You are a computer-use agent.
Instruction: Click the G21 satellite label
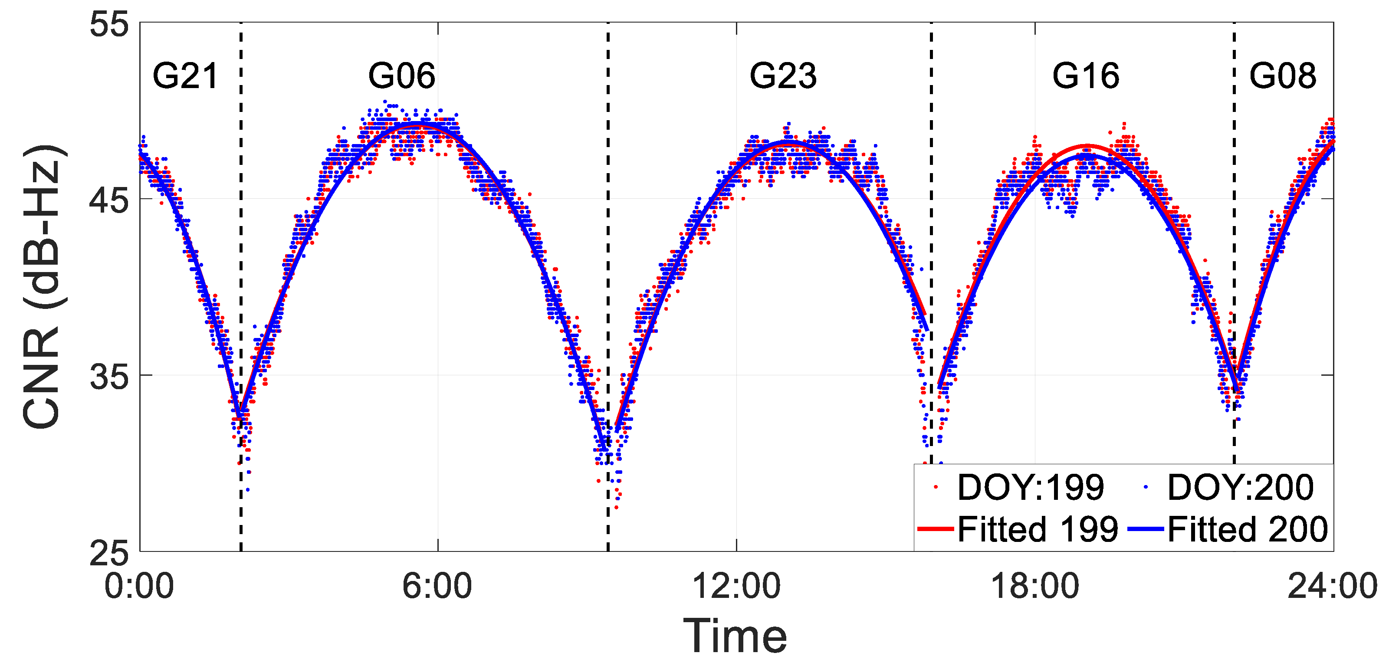[185, 76]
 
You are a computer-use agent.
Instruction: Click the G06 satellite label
[402, 76]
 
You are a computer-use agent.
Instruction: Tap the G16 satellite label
[1085, 76]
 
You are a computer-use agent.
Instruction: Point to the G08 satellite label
[1283, 76]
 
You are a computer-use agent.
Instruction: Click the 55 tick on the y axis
[109, 25]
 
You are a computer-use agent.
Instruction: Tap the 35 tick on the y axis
[109, 377]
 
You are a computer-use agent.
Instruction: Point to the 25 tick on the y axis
[109, 553]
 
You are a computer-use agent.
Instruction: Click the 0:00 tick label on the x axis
[139, 587]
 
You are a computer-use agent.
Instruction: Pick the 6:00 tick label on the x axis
[437, 587]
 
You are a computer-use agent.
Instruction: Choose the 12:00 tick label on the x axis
[736, 587]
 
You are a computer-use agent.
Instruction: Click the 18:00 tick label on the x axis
[1035, 587]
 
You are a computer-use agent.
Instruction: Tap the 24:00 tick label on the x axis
[1332, 587]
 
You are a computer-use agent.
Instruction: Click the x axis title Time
[736, 636]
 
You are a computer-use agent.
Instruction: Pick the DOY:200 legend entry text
[1240, 488]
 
